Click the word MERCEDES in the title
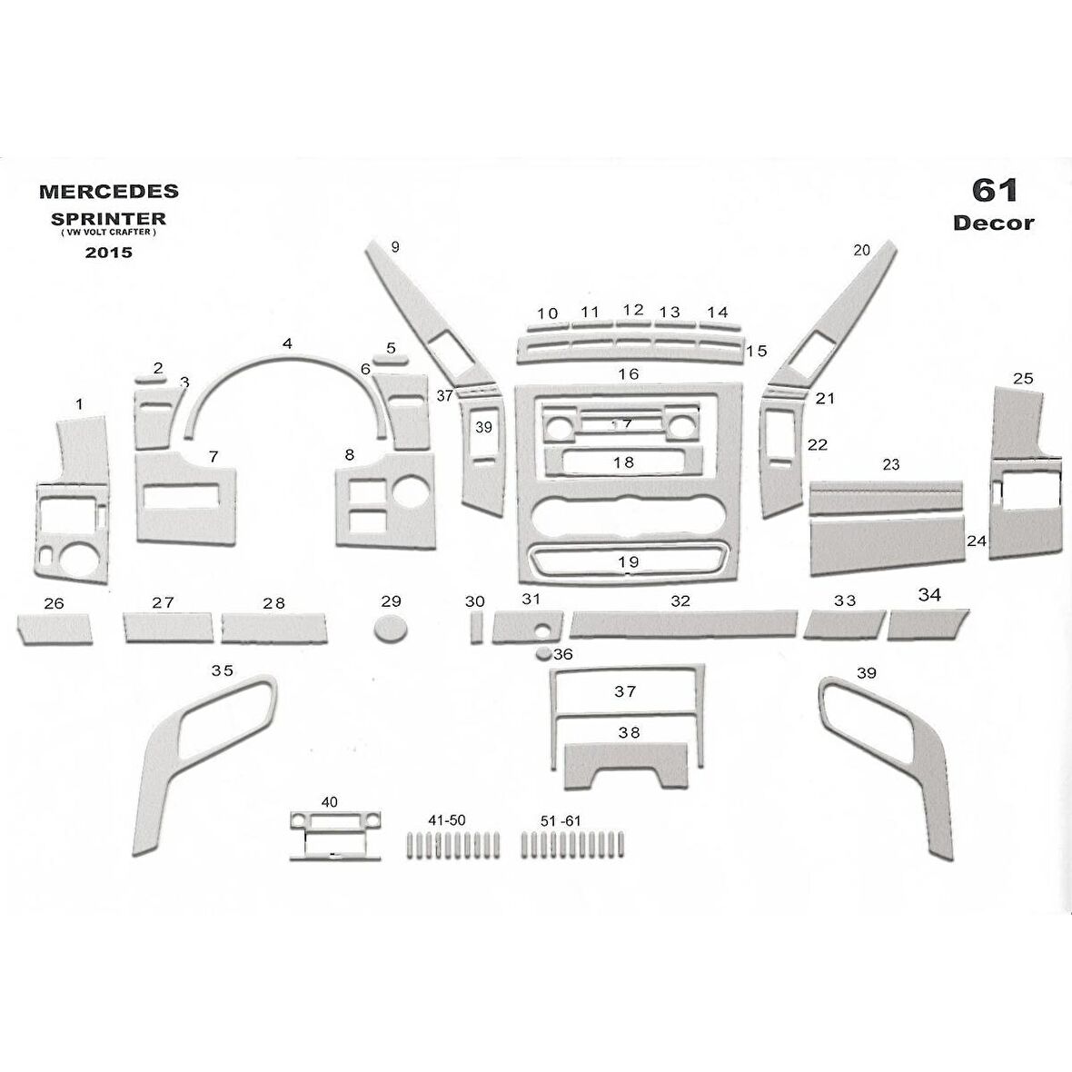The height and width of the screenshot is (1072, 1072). tap(108, 192)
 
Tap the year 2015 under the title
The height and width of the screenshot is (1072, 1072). tap(108, 253)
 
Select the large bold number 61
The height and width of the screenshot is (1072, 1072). tap(995, 190)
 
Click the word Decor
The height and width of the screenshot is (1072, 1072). tap(993, 223)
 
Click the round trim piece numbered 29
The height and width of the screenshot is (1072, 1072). tap(391, 628)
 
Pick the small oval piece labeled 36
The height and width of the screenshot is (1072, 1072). tap(543, 653)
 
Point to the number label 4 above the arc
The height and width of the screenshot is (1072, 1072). tap(287, 343)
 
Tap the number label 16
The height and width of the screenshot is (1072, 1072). tap(628, 373)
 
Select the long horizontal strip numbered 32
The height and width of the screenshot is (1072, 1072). tap(683, 622)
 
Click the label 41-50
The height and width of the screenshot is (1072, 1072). tap(446, 820)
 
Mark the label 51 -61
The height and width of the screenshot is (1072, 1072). tap(560, 820)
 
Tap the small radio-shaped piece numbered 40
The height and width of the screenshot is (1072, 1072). tap(333, 833)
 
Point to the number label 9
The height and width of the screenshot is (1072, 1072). tap(394, 246)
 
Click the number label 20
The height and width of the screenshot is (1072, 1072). tap(861, 249)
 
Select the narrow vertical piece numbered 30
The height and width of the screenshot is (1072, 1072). tap(476, 628)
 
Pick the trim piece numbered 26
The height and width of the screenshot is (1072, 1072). tap(55, 628)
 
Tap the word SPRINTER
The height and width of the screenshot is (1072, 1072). tap(108, 219)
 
